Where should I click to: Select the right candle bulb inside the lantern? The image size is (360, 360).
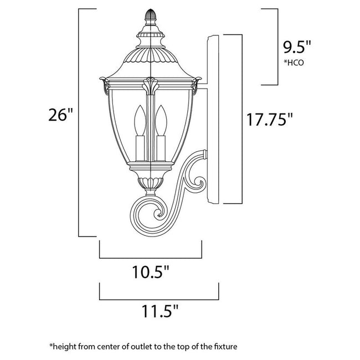coord(161,117)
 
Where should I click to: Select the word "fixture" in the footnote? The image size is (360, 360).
coord(225,347)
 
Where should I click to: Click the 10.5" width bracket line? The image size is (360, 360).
coord(150,258)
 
